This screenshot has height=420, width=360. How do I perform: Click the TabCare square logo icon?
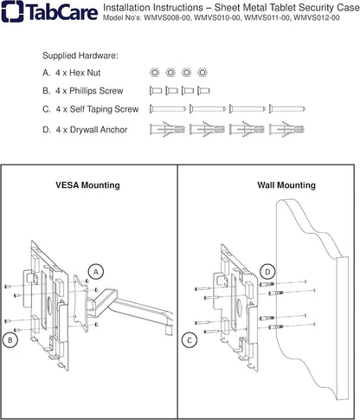[x=13, y=11]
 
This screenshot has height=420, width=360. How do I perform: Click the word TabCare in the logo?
[x=62, y=12]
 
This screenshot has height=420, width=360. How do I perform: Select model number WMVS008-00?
[x=167, y=18]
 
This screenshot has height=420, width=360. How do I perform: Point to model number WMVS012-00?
[x=317, y=18]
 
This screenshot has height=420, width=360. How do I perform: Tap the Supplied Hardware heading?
[x=80, y=55]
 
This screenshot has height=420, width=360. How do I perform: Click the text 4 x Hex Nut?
[x=78, y=73]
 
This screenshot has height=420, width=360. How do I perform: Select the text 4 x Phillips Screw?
[x=89, y=91]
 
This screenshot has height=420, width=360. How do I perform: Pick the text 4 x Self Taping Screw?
[x=97, y=109]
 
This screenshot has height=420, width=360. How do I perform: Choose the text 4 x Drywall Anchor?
[x=92, y=130]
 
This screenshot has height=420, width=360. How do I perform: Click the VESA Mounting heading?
[x=87, y=185]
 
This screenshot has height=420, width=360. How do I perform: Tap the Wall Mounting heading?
[x=286, y=185]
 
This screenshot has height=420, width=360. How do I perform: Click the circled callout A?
[x=96, y=272]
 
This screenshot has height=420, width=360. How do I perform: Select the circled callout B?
[x=10, y=340]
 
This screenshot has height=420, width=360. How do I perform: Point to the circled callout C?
[x=190, y=340]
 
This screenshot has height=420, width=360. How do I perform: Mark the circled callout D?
[x=268, y=272]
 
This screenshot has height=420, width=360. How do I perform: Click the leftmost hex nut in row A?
[x=155, y=73]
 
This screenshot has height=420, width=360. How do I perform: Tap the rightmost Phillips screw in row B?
[x=203, y=91]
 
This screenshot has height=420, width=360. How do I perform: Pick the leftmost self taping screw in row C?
[x=168, y=109]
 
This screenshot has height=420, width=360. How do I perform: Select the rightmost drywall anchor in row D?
[x=286, y=129]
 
